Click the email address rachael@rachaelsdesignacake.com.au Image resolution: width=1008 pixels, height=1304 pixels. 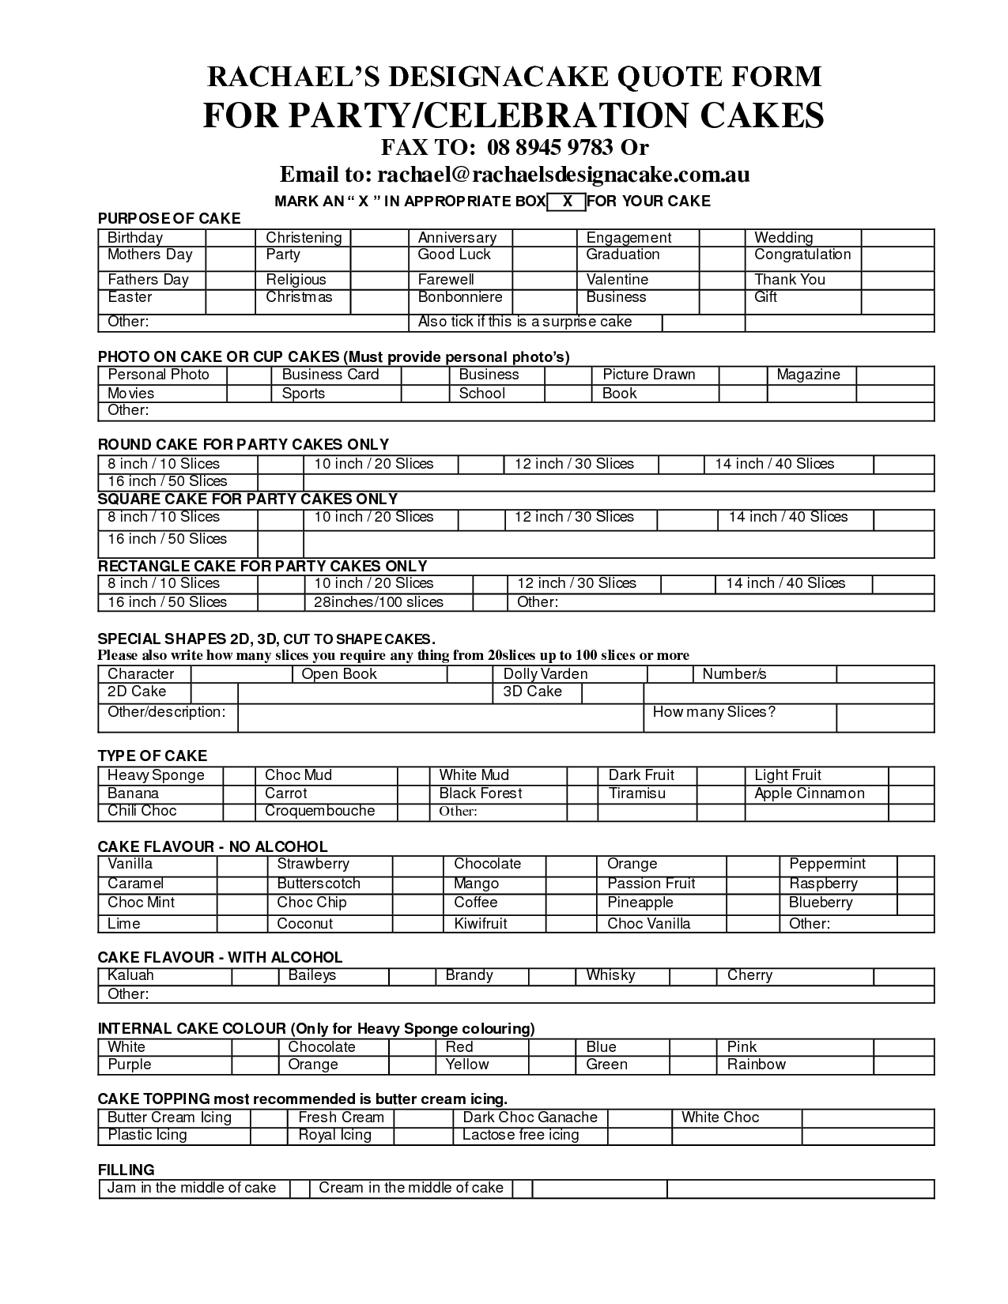pyautogui.click(x=563, y=174)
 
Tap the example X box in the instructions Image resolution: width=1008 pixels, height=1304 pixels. pyautogui.click(x=566, y=202)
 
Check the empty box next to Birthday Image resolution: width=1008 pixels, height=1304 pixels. pyautogui.click(x=230, y=238)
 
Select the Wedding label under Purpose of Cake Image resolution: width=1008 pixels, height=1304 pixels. pyautogui.click(x=783, y=238)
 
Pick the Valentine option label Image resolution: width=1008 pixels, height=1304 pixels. pyautogui.click(x=617, y=280)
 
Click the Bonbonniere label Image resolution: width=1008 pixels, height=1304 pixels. pyautogui.click(x=460, y=297)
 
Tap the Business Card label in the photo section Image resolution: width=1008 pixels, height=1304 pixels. pyautogui.click(x=330, y=375)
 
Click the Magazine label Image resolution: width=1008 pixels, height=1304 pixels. pyautogui.click(x=808, y=375)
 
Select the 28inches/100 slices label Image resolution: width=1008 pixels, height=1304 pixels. pyautogui.click(x=379, y=602)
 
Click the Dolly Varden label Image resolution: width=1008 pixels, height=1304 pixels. pyautogui.click(x=546, y=674)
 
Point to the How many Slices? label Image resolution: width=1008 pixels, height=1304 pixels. pyautogui.click(x=714, y=712)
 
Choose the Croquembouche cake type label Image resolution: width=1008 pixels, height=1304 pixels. pyautogui.click(x=319, y=811)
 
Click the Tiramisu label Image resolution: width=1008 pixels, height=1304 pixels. pyautogui.click(x=637, y=793)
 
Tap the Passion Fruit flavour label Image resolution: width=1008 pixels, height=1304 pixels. pyautogui.click(x=651, y=884)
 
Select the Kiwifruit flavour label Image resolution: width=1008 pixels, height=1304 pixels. pyautogui.click(x=481, y=924)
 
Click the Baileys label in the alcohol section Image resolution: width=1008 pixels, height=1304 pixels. pyautogui.click(x=312, y=975)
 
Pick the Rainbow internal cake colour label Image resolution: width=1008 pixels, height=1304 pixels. pyautogui.click(x=757, y=1065)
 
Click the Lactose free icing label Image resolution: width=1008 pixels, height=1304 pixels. pyautogui.click(x=521, y=1136)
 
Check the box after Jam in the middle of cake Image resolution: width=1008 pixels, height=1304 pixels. pyautogui.click(x=300, y=1189)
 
